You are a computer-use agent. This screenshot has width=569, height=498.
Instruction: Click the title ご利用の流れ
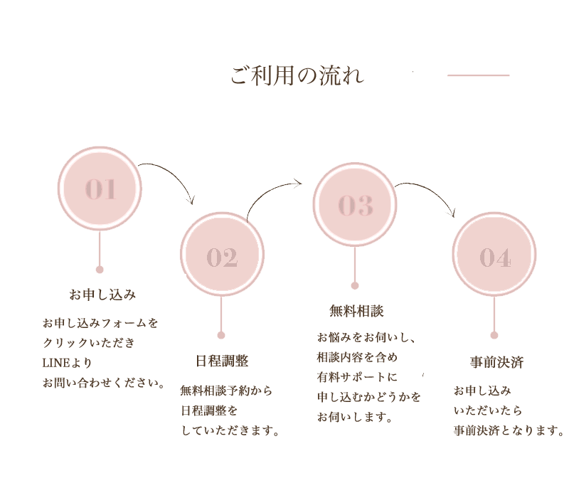coord(297,75)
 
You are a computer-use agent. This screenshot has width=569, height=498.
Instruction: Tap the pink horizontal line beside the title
coord(478,75)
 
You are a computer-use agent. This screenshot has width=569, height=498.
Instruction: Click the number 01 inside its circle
coord(100,189)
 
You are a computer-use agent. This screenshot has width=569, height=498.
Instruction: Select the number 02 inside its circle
coord(222,258)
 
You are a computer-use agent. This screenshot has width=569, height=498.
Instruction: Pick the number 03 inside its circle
coord(356,205)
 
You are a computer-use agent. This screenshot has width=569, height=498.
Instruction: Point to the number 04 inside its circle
coord(495,258)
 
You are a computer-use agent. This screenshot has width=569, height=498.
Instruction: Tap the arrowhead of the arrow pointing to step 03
coord(297,183)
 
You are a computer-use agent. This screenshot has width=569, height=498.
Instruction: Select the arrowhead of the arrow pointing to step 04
coord(452,213)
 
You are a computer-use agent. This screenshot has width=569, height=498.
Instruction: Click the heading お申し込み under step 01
coord(102,295)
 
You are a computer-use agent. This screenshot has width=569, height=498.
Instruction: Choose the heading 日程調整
coord(222,361)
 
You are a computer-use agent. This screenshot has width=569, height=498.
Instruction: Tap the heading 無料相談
coord(356,311)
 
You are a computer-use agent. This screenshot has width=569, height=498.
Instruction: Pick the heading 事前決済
coord(496,362)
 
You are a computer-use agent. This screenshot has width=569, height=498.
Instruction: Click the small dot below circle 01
coord(100,270)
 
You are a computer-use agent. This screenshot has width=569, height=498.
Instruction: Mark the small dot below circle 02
coord(221,335)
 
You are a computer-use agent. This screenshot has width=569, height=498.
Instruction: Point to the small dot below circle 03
coord(355,286)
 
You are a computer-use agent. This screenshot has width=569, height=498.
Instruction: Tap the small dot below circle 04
coord(494,335)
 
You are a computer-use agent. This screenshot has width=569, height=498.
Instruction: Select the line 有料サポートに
coord(357,377)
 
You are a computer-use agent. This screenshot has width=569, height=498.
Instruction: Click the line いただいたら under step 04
coord(488,410)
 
